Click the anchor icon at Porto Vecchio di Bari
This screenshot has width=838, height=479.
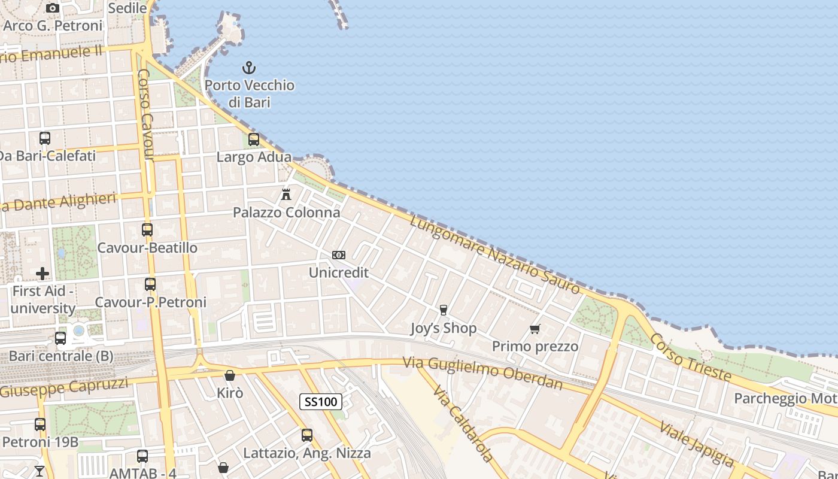pos(248,68)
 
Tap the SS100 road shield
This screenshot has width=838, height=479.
pos(321,402)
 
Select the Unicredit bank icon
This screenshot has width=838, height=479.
pos(339,255)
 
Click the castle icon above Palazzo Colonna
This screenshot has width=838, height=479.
pos(286,195)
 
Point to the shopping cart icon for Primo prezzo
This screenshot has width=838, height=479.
pos(535,329)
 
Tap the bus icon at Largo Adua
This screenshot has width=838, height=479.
pos(254,140)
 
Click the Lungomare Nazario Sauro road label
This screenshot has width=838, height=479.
pos(495,255)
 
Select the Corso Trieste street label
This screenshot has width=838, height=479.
pos(690,358)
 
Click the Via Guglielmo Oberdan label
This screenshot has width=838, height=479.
pos(482,372)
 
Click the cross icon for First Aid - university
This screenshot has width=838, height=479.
pos(42,274)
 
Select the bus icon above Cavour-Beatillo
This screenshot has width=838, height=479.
pos(147,229)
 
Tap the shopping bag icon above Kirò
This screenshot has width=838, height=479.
pos(230,375)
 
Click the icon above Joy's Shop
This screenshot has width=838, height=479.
pos(444,310)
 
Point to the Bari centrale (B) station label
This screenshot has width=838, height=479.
pos(61,356)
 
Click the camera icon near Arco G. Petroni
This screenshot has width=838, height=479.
pos(53,8)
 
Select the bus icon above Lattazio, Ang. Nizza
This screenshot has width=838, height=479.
pos(307,435)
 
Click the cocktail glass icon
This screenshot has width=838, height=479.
pos(40,471)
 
